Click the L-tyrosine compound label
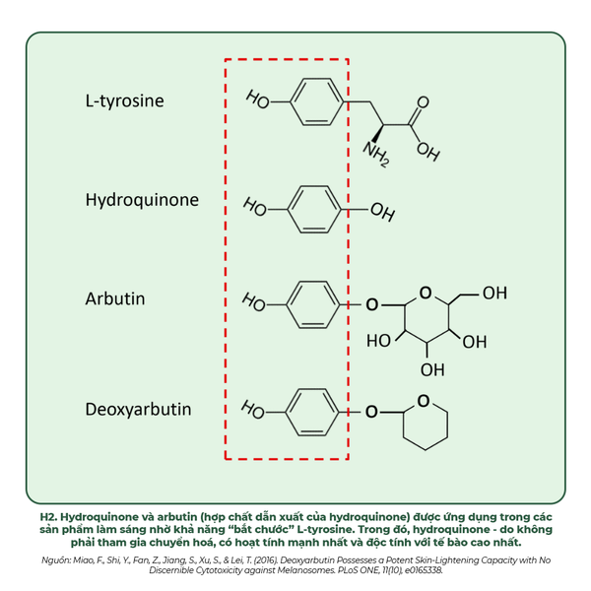point(124,100)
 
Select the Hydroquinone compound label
point(142,200)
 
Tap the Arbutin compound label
point(115,298)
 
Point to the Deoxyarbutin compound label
point(138,409)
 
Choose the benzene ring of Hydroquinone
point(314,208)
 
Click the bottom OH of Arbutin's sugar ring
point(431,370)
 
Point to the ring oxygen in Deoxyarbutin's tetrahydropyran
point(424,400)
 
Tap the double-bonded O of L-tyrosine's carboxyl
point(424,101)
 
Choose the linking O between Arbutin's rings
point(371,304)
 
